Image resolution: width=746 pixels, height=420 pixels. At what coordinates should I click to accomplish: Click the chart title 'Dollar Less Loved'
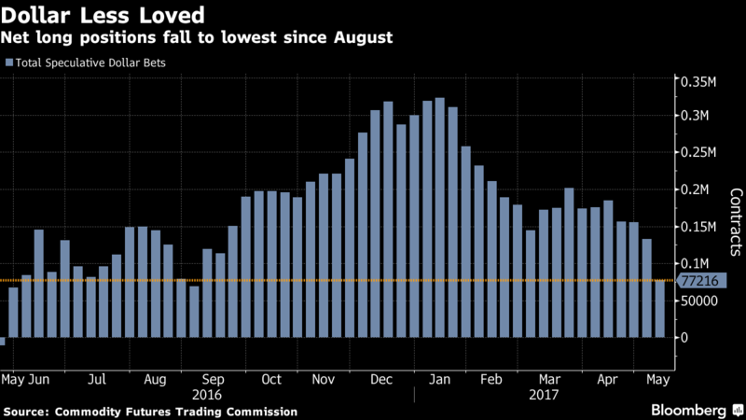(104, 16)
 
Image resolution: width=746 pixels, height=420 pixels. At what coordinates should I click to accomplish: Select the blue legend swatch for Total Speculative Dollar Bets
(9, 63)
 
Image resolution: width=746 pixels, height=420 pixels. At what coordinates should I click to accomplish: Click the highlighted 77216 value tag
(701, 280)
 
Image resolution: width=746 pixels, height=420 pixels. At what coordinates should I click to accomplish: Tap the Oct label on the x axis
(271, 380)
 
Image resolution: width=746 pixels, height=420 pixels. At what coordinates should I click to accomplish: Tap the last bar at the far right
(659, 309)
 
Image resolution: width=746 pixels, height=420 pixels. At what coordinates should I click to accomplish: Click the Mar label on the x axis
(550, 380)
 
